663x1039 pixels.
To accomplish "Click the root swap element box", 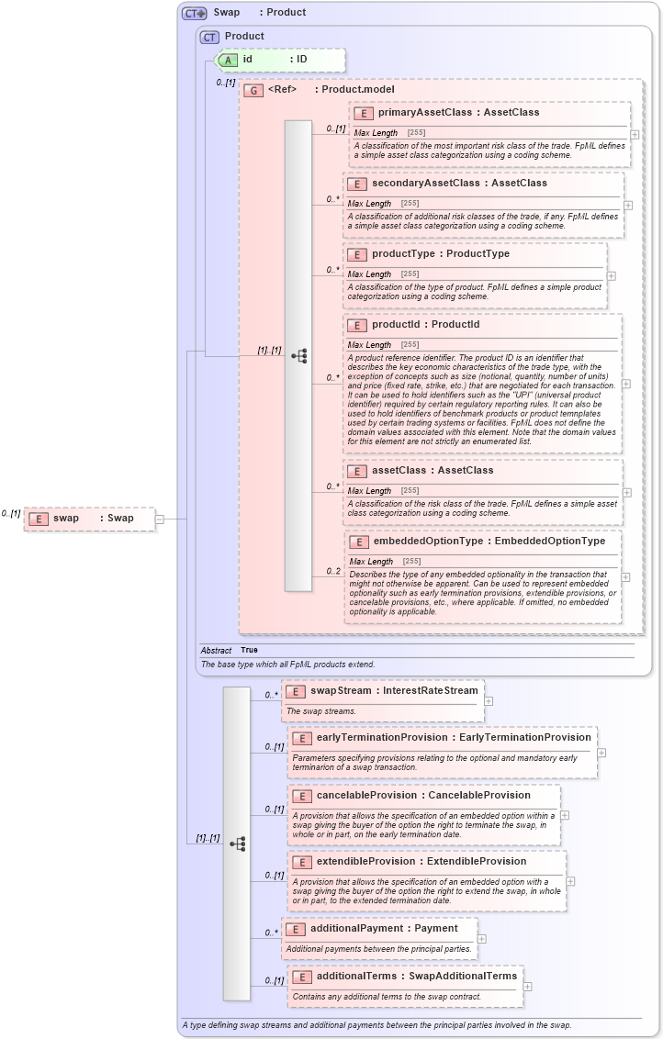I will pyautogui.click(x=89, y=519).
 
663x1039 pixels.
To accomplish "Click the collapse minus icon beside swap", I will pyautogui.click(x=160, y=519).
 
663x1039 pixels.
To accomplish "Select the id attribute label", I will pyautogui.click(x=247, y=60).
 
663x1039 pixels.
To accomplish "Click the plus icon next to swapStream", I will pyautogui.click(x=489, y=701).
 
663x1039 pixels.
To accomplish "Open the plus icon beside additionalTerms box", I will pyautogui.click(x=528, y=987).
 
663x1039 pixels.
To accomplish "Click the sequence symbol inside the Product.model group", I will pyautogui.click(x=298, y=356).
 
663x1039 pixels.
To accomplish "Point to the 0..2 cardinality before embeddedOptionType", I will pyautogui.click(x=333, y=571).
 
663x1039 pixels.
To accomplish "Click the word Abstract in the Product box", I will pyautogui.click(x=216, y=650).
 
